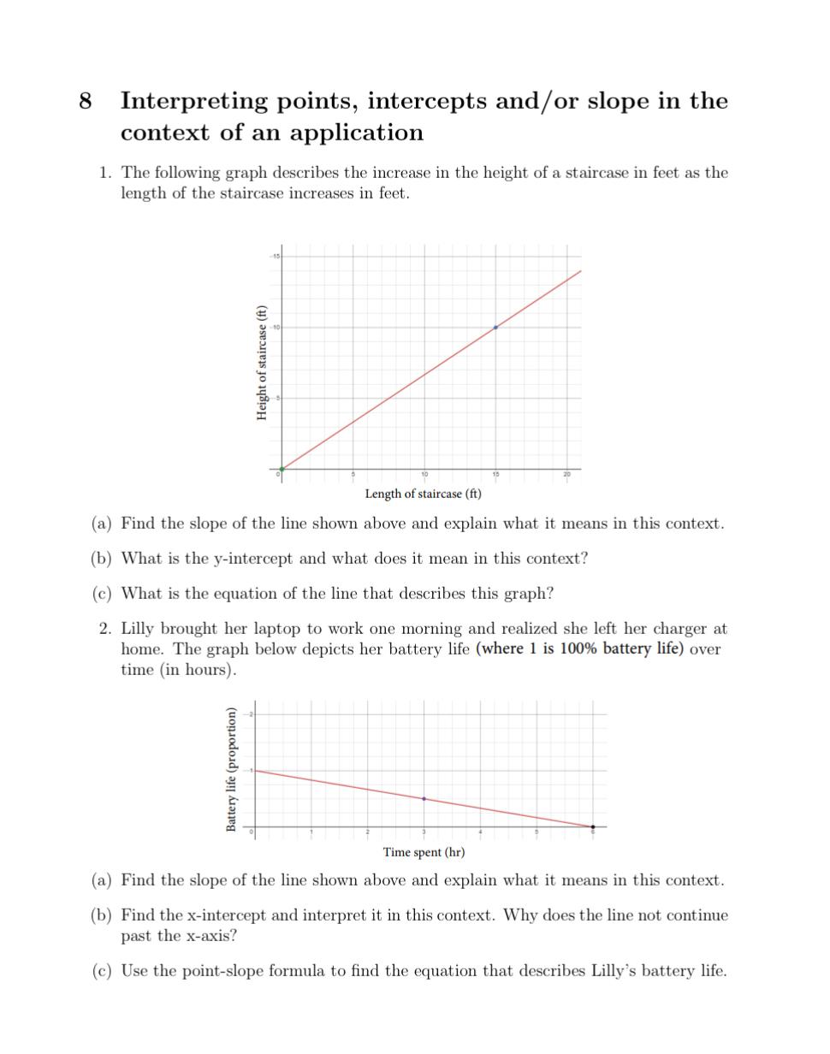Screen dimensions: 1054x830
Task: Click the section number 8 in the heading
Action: pyautogui.click(x=85, y=101)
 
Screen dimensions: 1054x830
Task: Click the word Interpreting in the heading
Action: pyautogui.click(x=194, y=102)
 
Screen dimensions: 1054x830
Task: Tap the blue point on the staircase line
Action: pyautogui.click(x=495, y=327)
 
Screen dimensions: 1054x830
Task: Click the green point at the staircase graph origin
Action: pyautogui.click(x=282, y=469)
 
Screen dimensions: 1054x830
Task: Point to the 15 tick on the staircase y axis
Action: pyautogui.click(x=276, y=256)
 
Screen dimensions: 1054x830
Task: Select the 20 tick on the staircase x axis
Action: pyautogui.click(x=566, y=476)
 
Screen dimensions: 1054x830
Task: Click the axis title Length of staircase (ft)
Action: pyautogui.click(x=423, y=494)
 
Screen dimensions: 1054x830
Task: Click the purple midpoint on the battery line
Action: pyautogui.click(x=424, y=798)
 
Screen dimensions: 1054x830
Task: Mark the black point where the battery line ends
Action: pyautogui.click(x=593, y=826)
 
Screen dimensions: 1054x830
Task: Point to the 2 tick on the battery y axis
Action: pyautogui.click(x=252, y=714)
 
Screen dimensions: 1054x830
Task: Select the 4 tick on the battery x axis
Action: pyautogui.click(x=480, y=832)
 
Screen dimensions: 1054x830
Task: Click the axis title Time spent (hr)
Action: pyautogui.click(x=424, y=852)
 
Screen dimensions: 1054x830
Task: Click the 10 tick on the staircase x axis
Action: pyautogui.click(x=424, y=476)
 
